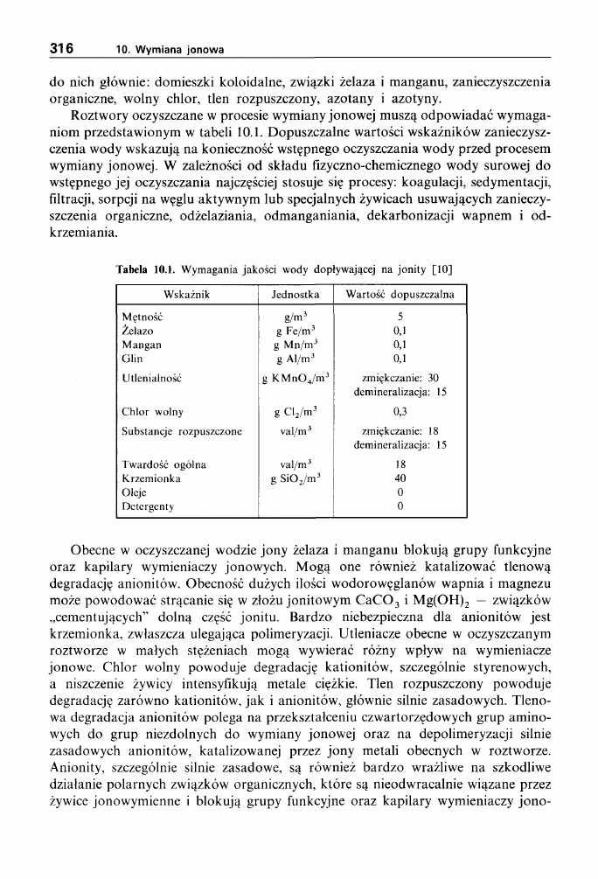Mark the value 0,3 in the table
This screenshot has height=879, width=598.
400,411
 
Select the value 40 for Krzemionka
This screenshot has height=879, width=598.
400,478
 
